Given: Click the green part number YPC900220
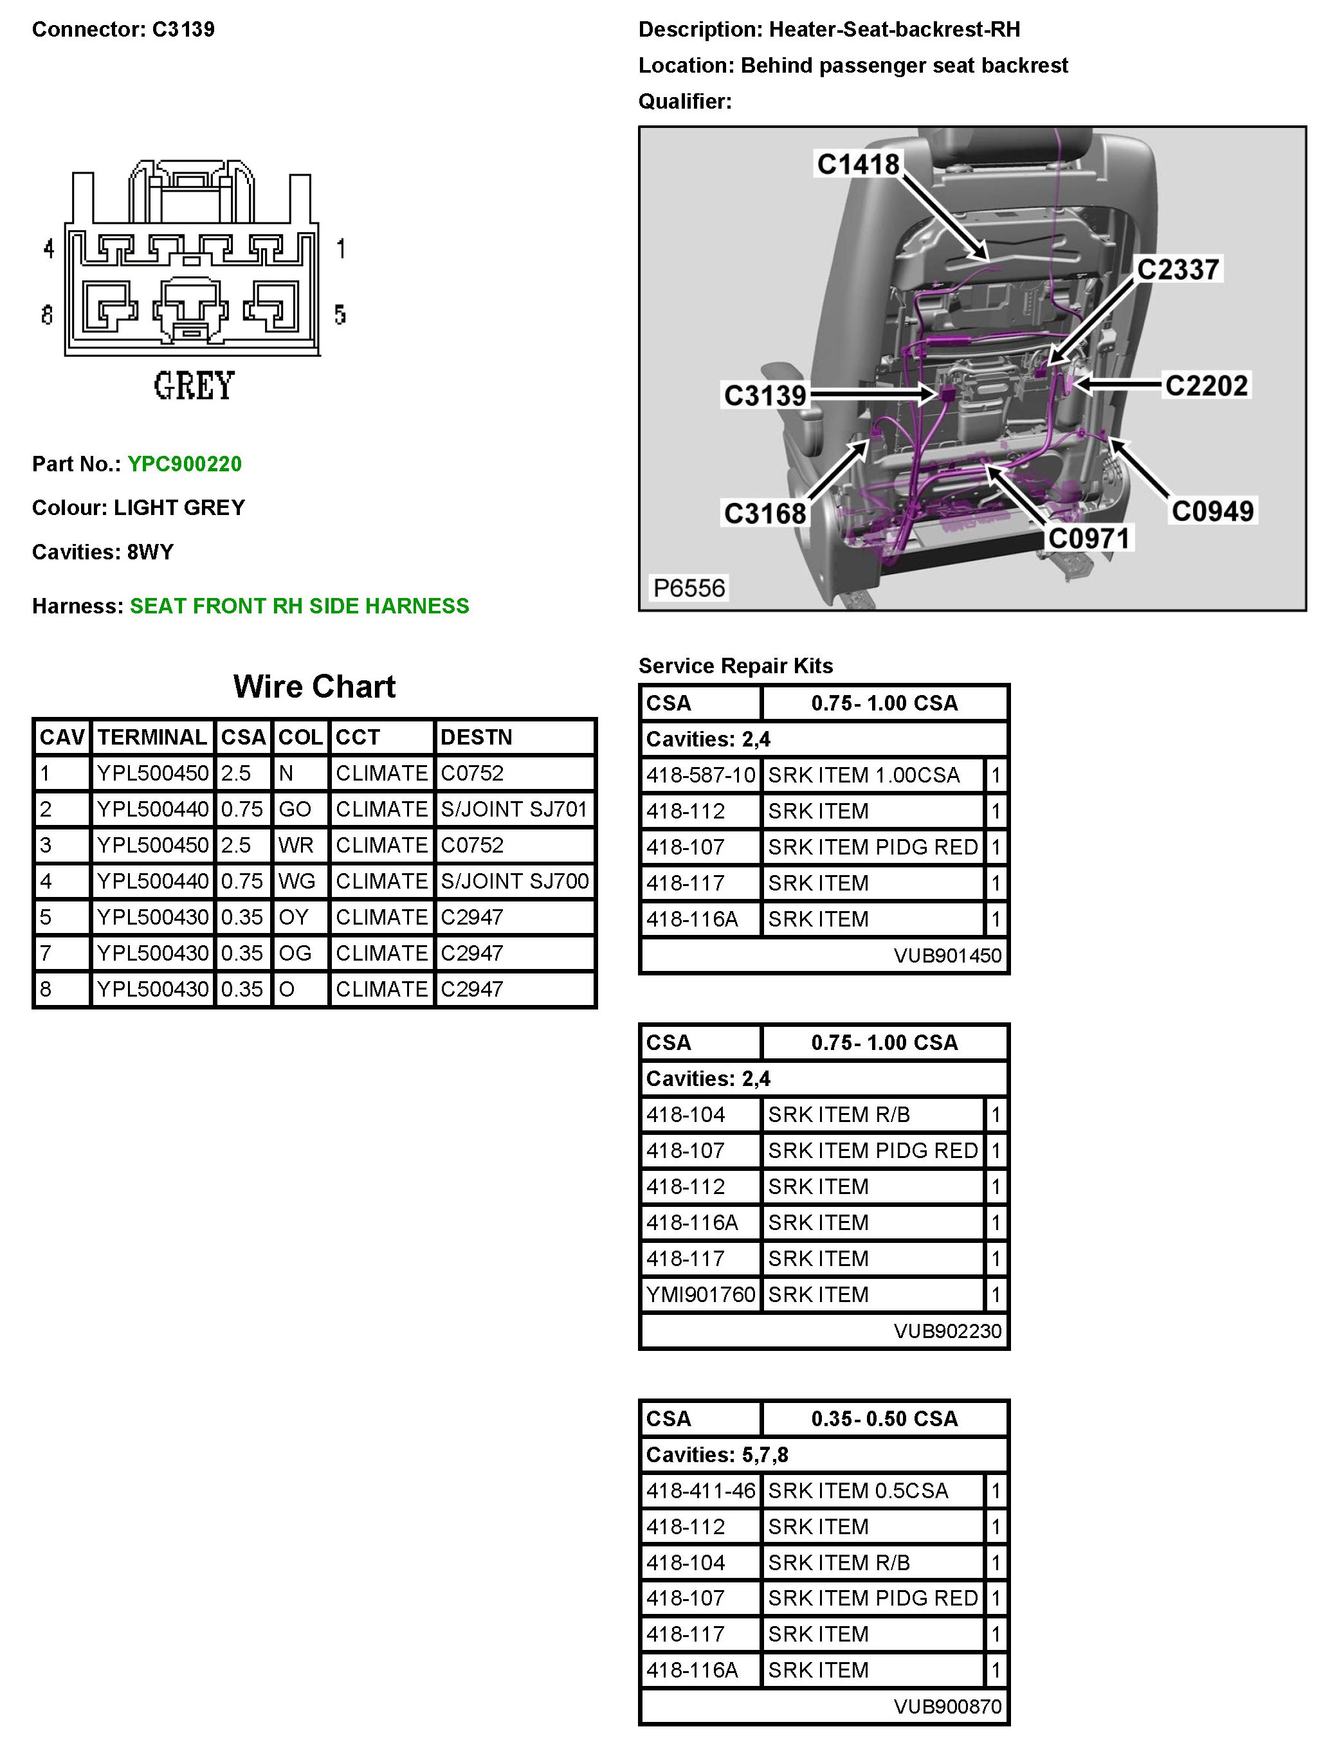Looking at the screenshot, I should click(x=185, y=464).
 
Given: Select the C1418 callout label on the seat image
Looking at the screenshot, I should click(x=858, y=165).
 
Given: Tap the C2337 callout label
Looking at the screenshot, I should click(x=1178, y=269).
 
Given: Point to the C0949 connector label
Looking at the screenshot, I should click(x=1212, y=511).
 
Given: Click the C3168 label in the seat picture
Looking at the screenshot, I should click(x=765, y=513).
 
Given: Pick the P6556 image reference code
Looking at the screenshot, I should click(x=688, y=588).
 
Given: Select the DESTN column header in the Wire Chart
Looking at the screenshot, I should click(x=477, y=738).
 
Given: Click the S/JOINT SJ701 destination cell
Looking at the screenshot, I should click(x=515, y=809).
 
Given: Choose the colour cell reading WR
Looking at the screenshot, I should click(x=296, y=846).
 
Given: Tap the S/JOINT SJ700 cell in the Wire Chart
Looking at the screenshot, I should click(x=515, y=881).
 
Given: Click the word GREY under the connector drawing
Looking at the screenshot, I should click(x=194, y=386).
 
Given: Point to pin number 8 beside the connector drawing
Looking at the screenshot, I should click(x=48, y=315).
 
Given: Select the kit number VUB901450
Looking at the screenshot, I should click(x=947, y=955).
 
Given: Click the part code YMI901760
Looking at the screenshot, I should click(x=700, y=1294).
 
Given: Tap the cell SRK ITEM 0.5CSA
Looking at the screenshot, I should click(x=858, y=1490).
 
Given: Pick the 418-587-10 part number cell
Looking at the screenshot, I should click(x=700, y=775).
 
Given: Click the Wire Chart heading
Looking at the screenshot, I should click(x=314, y=686).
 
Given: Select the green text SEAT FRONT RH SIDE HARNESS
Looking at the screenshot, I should click(x=299, y=606).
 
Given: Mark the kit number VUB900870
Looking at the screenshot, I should click(x=947, y=1706).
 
